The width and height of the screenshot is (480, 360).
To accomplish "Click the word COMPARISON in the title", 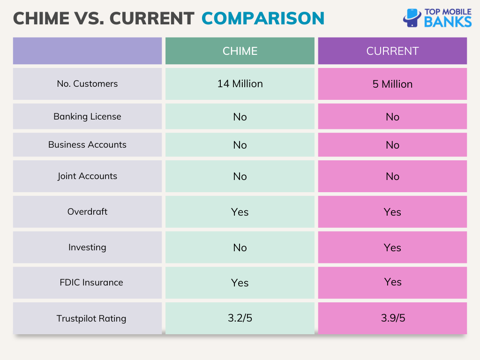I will pyautogui.click(x=262, y=18).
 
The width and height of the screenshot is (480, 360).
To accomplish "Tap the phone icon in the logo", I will pyautogui.click(x=412, y=18).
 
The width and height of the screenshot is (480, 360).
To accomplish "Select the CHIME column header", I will pyautogui.click(x=240, y=51).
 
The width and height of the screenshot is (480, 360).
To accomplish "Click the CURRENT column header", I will pyautogui.click(x=392, y=51).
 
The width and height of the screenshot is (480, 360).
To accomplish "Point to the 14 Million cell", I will pyautogui.click(x=240, y=84).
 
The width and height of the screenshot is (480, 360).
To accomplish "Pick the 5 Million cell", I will pyautogui.click(x=392, y=84).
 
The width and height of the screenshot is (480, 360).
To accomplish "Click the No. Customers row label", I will pyautogui.click(x=87, y=84).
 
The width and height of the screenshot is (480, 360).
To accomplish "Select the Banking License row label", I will pyautogui.click(x=87, y=117).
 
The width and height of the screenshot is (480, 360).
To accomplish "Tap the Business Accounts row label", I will pyautogui.click(x=87, y=145).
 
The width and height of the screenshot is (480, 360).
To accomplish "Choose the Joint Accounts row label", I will pyautogui.click(x=87, y=176).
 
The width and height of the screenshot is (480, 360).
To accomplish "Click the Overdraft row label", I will pyautogui.click(x=87, y=212).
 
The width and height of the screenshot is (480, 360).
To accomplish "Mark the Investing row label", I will pyautogui.click(x=87, y=247).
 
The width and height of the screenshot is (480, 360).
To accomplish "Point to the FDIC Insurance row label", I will pyautogui.click(x=91, y=283).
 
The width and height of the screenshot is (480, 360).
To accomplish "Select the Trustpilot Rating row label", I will pyautogui.click(x=91, y=318).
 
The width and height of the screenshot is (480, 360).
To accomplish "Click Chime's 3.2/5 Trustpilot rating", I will pyautogui.click(x=240, y=318).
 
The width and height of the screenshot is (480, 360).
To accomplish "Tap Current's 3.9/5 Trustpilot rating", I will pyautogui.click(x=392, y=318).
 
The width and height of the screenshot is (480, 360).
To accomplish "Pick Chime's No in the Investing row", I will pyautogui.click(x=240, y=247).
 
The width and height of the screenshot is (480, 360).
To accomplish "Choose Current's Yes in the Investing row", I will pyautogui.click(x=392, y=247).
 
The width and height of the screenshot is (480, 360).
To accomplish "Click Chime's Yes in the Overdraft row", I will pyautogui.click(x=240, y=212).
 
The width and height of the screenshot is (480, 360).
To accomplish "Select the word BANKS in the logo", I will pyautogui.click(x=448, y=22).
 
